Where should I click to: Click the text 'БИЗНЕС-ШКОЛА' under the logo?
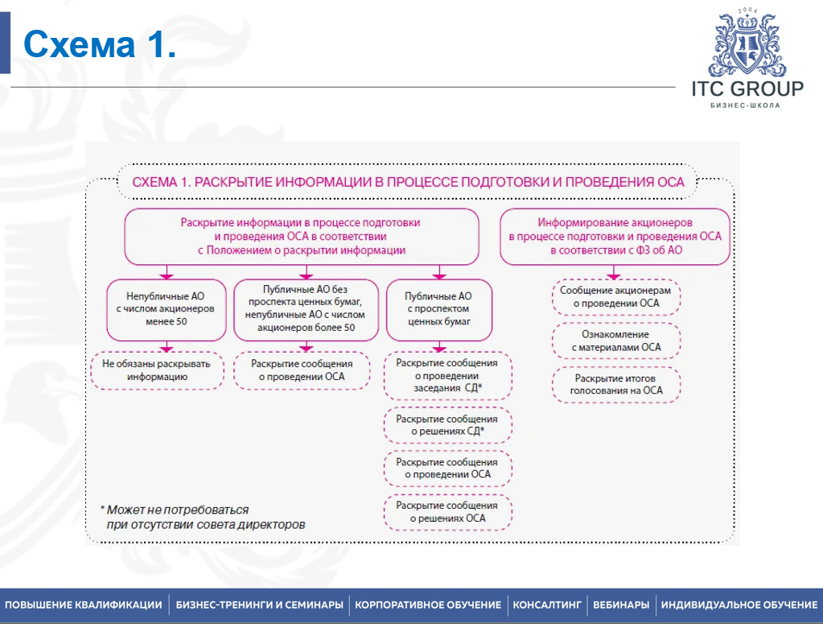[x=747, y=105]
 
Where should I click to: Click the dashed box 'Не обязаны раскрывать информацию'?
[x=157, y=370]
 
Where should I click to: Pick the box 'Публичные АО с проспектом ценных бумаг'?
[x=438, y=308]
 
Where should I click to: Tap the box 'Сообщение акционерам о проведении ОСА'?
[x=616, y=296]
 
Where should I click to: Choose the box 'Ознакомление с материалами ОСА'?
[x=616, y=341]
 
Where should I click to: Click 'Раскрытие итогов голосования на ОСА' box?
[x=616, y=385]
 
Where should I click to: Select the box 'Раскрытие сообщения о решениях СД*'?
[x=447, y=425]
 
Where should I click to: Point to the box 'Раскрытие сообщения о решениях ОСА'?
[x=447, y=512]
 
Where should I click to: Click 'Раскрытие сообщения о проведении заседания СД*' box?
[x=447, y=375]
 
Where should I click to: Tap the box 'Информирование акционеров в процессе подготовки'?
[x=615, y=237]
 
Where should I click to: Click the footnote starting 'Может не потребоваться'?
[x=203, y=517]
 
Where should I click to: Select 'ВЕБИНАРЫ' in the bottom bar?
[x=621, y=605]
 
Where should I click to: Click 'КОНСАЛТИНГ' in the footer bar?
[x=547, y=605]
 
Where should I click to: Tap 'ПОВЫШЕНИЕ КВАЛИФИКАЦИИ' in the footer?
[x=83, y=605]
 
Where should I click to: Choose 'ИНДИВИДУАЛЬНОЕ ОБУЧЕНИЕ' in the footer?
[x=739, y=605]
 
